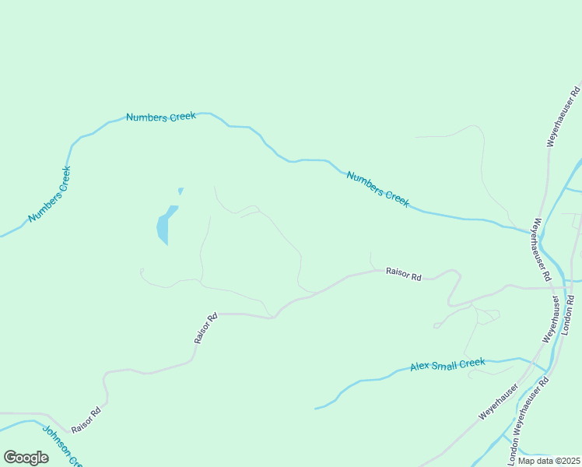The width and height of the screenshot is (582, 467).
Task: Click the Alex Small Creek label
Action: pos(447,364)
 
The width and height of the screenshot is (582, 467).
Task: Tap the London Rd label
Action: pos(568,314)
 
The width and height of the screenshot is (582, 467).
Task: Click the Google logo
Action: pos(26,458)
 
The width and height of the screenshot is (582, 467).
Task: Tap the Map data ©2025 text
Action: pos(549,460)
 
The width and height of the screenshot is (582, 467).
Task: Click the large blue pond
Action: pos(165,225)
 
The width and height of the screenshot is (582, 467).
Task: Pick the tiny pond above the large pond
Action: pos(181,191)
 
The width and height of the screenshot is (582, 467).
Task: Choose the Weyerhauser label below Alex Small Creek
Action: pos(499,402)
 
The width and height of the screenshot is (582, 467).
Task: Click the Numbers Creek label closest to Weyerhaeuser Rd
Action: pos(377,188)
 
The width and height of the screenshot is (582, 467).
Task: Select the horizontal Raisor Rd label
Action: pos(403,276)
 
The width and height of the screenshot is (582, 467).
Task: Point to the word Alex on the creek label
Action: pos(420,367)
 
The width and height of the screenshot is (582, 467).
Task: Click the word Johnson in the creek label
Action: pos(56,439)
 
